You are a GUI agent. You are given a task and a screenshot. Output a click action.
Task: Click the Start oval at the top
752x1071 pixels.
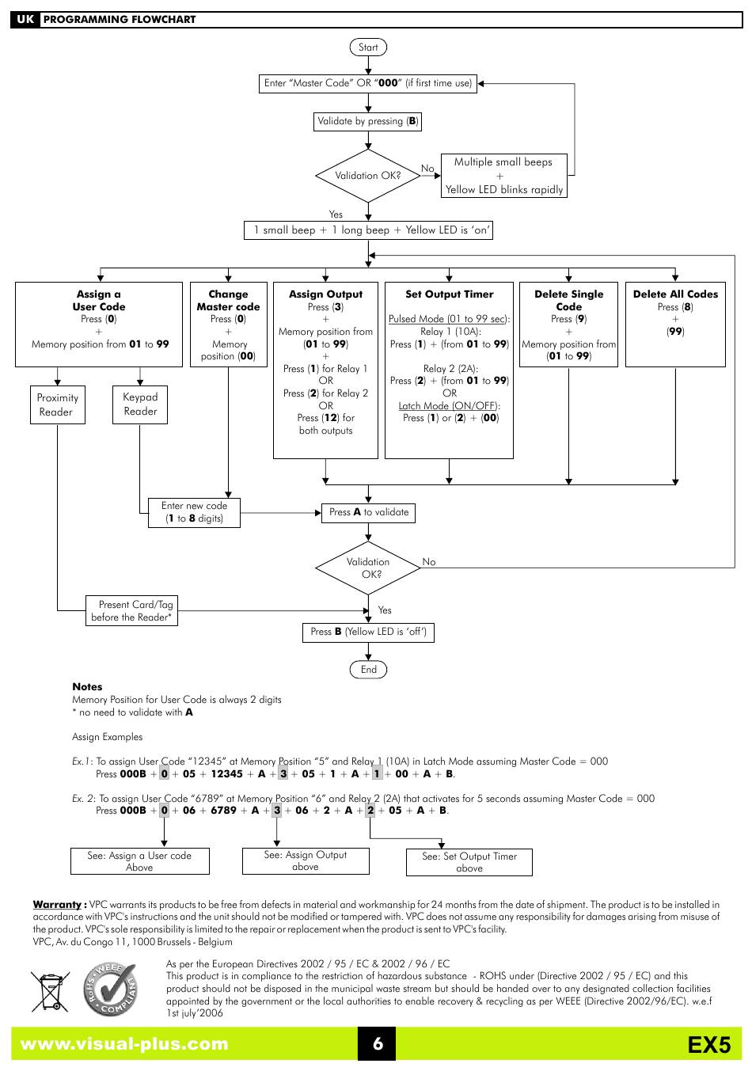pyautogui.click(x=368, y=47)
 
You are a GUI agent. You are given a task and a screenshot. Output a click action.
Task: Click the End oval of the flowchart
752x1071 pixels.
pyautogui.click(x=368, y=670)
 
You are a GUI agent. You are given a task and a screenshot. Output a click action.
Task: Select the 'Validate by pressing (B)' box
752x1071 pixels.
pyautogui.click(x=367, y=121)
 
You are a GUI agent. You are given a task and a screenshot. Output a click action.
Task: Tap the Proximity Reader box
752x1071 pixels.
pyautogui.click(x=57, y=405)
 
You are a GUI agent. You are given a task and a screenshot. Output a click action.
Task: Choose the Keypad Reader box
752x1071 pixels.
pyautogui.click(x=140, y=405)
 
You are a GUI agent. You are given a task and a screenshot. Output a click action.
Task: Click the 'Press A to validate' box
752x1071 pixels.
pyautogui.click(x=368, y=513)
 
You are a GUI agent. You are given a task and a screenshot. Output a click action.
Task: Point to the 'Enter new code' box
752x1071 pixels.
pyautogui.click(x=194, y=513)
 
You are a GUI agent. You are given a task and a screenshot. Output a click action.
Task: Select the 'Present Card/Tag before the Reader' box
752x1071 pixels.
pyautogui.click(x=131, y=610)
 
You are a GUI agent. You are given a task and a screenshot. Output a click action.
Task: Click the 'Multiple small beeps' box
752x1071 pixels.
pyautogui.click(x=504, y=176)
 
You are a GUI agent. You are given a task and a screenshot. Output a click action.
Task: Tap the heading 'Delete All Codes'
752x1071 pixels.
pyautogui.click(x=675, y=294)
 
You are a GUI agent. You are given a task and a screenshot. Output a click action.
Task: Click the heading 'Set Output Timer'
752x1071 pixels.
pyautogui.click(x=450, y=294)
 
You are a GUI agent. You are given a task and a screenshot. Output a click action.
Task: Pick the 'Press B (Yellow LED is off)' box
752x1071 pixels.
pyautogui.click(x=368, y=632)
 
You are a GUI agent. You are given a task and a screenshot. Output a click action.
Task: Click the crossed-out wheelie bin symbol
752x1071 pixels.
pyautogui.click(x=50, y=991)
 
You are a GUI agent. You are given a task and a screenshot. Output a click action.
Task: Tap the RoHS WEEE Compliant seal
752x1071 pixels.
pyautogui.click(x=111, y=989)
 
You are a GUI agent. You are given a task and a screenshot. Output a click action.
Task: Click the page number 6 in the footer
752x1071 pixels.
pyautogui.click(x=378, y=1043)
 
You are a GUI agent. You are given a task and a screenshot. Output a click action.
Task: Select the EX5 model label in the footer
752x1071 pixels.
pyautogui.click(x=709, y=1045)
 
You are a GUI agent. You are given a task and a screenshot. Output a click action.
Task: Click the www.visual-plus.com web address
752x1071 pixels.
pyautogui.click(x=124, y=1044)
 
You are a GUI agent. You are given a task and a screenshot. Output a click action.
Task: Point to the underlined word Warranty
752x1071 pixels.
pyautogui.click(x=57, y=905)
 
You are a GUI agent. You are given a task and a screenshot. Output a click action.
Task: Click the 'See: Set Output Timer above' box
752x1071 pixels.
pyautogui.click(x=469, y=862)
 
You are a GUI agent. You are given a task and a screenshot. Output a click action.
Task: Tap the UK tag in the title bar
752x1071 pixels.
pyautogui.click(x=25, y=20)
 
